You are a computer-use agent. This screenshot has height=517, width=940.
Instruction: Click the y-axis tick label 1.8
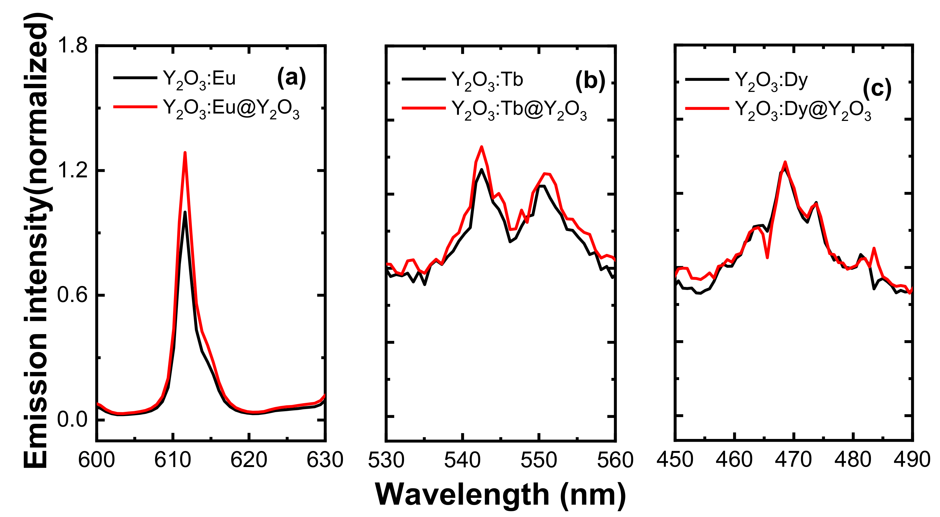tap(72, 46)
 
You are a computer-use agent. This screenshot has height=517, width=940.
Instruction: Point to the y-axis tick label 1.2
tap(72, 170)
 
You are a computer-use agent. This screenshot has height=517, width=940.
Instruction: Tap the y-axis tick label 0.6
tap(72, 295)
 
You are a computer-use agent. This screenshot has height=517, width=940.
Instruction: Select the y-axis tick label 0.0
tap(72, 419)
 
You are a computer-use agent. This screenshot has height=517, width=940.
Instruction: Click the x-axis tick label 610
tap(173, 460)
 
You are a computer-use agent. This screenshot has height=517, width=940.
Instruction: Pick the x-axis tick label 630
tap(325, 460)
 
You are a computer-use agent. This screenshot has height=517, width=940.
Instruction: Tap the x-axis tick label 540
tap(462, 460)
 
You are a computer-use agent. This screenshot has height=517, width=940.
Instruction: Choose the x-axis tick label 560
tap(615, 460)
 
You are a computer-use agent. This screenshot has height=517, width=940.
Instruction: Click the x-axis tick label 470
tap(793, 460)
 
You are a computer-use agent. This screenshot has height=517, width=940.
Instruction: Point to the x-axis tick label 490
tap(912, 460)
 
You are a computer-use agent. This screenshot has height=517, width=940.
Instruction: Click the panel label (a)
tap(291, 77)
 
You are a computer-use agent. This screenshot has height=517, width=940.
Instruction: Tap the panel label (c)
tap(877, 88)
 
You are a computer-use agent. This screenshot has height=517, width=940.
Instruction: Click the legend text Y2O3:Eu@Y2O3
tap(231, 109)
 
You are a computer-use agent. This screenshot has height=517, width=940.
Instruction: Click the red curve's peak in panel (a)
tap(185, 153)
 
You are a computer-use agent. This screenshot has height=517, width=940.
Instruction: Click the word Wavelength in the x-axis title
tap(462, 495)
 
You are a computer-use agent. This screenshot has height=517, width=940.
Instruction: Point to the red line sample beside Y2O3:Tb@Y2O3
tap(423, 108)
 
